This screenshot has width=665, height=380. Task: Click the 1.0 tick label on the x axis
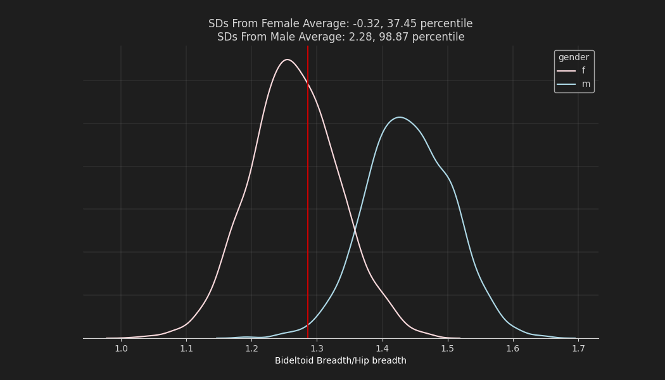coord(121,348)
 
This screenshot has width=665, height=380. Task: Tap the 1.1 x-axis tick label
coord(186,348)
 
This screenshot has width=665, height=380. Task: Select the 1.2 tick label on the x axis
coord(251,348)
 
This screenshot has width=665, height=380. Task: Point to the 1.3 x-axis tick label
coord(317,348)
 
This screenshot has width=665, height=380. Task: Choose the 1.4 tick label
coord(382,348)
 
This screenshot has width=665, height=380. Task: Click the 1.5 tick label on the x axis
coord(447,348)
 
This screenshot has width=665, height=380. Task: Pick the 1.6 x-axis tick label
coord(513,348)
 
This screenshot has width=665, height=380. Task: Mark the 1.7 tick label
coord(578,348)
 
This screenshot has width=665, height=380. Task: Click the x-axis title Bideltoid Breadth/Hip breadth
coord(341,361)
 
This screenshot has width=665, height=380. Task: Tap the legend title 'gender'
coord(574,58)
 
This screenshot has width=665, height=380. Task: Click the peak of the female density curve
coord(288,60)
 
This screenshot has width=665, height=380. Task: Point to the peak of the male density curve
coord(399,117)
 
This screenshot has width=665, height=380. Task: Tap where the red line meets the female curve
coord(308,84)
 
